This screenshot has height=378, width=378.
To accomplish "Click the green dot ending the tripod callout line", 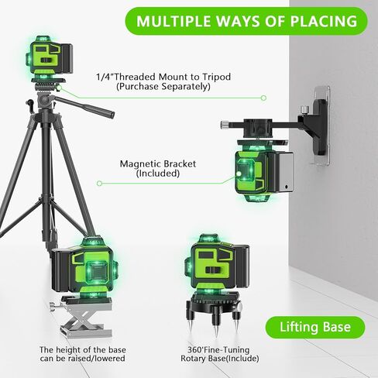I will [x=263, y=98].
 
